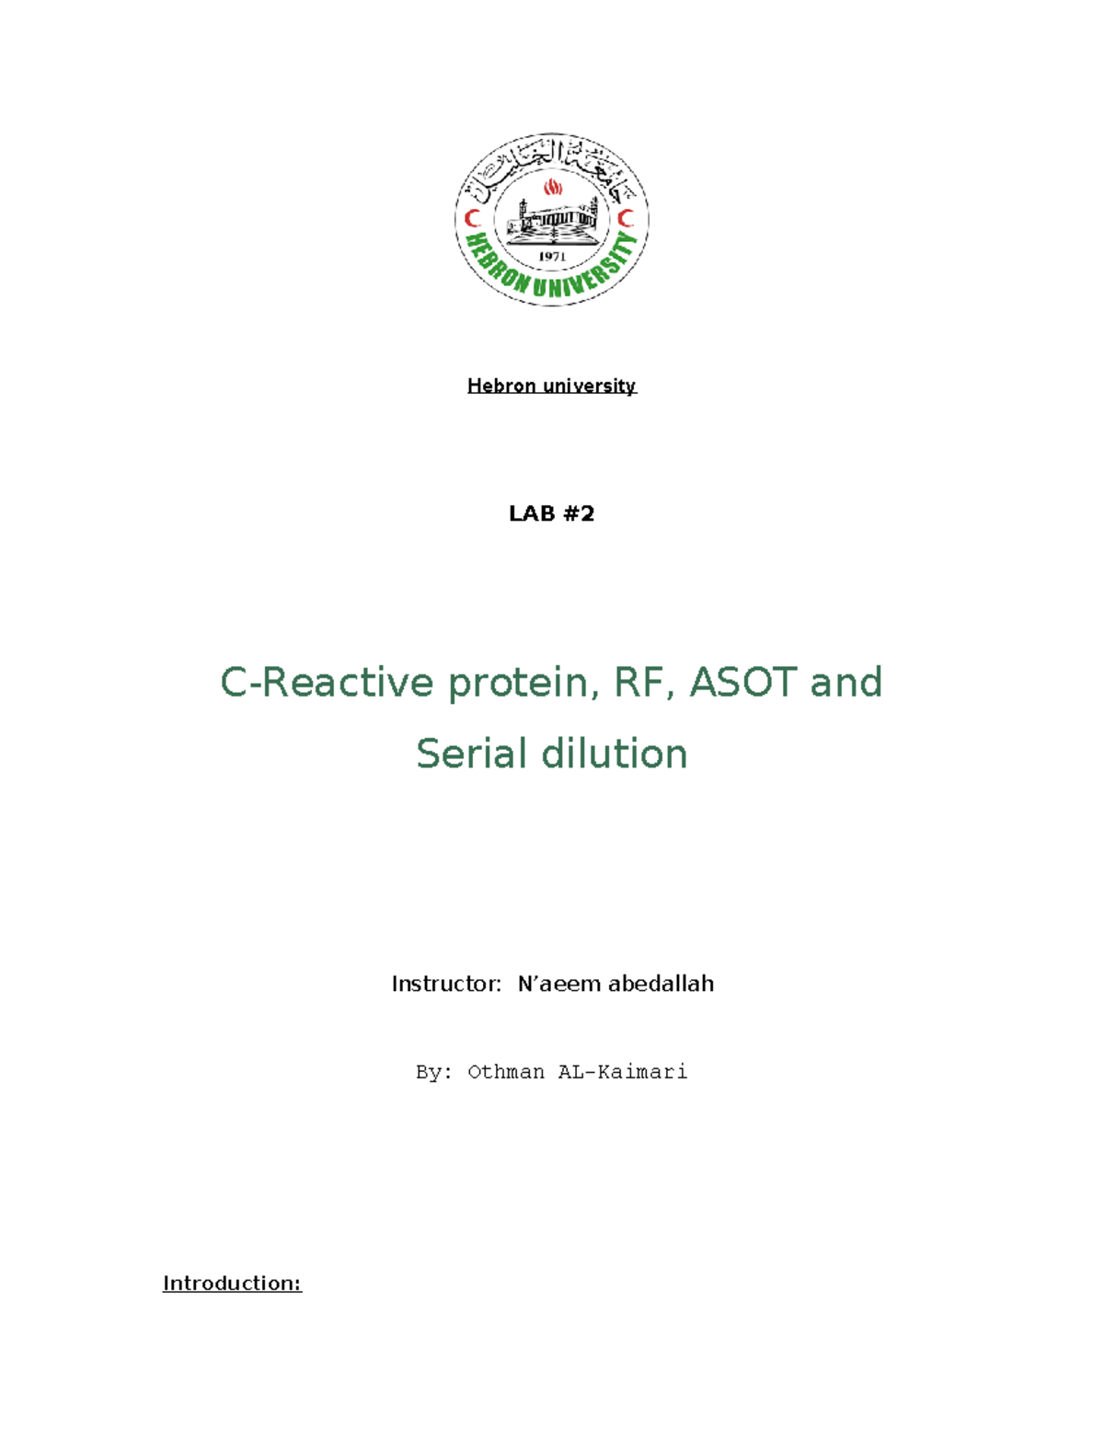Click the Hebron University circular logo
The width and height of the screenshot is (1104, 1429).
552,219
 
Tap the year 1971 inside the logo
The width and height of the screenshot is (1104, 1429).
552,257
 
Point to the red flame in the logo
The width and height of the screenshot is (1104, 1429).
553,188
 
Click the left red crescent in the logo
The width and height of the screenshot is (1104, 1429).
473,219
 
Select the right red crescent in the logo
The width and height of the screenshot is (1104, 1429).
627,219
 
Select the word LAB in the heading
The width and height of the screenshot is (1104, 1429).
532,513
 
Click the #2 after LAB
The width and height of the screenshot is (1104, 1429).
579,513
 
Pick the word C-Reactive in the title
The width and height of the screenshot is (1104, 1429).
327,683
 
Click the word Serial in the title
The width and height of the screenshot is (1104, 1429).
471,754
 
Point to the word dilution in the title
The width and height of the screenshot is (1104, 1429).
615,754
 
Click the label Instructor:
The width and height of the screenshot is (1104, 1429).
446,985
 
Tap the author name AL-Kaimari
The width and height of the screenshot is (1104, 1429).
623,1072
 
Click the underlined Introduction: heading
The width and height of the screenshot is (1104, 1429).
232,1284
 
